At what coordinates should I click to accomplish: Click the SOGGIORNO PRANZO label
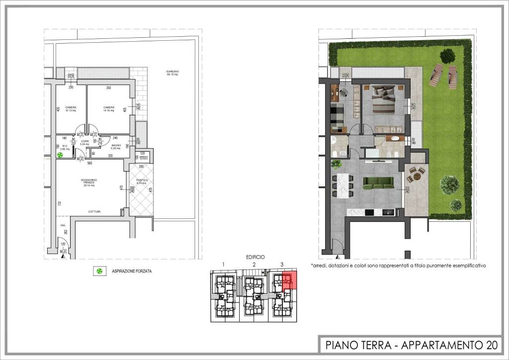click(x=89, y=182)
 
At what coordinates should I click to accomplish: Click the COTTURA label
click(x=94, y=212)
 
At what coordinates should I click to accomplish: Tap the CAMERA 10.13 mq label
click(x=70, y=109)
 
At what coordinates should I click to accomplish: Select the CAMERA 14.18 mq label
click(x=109, y=109)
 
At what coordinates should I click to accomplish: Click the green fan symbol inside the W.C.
click(x=60, y=156)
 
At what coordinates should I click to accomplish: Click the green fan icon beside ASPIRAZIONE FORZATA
click(x=100, y=271)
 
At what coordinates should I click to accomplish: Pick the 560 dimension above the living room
click(x=90, y=163)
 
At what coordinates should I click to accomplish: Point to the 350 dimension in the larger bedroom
click(x=108, y=88)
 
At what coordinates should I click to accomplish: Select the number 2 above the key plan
click(x=254, y=264)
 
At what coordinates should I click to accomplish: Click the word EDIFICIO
click(x=255, y=257)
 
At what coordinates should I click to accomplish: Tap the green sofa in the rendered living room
click(x=379, y=184)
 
